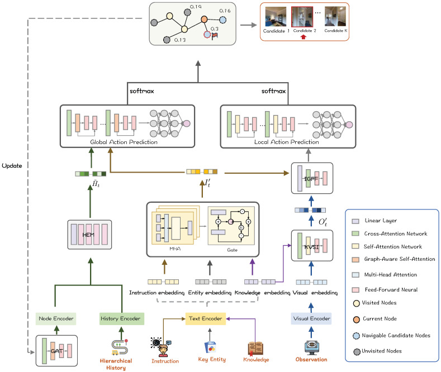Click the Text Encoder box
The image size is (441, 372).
click(206, 318)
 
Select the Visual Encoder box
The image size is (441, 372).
click(311, 318)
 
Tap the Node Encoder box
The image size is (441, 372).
click(56, 318)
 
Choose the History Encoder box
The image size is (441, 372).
click(122, 318)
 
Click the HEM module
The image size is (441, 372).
click(89, 235)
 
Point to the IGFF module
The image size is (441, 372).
click(312, 178)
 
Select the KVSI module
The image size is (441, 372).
click(312, 246)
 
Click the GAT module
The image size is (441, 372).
click(56, 351)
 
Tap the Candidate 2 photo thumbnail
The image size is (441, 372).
click(302, 17)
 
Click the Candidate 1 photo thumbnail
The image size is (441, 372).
click(276, 17)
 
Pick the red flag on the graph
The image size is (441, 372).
click(215, 36)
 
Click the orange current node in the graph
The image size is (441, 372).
click(204, 20)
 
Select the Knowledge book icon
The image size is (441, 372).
click(255, 349)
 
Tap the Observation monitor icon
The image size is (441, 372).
click(311, 347)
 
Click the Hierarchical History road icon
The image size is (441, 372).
click(120, 347)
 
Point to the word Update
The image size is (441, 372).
click(12, 166)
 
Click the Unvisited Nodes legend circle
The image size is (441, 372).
click(357, 351)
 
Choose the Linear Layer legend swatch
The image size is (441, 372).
click(355, 221)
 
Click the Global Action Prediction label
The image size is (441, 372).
click(124, 142)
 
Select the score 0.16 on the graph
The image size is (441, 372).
click(225, 11)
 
